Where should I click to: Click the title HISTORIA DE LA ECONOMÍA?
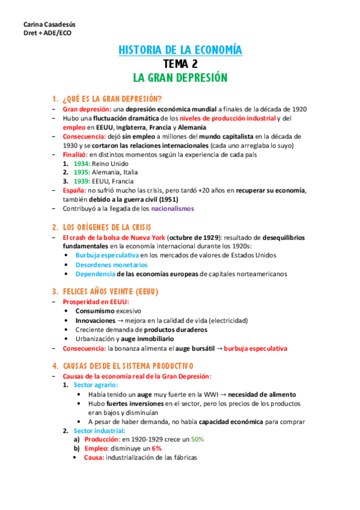(x=180, y=51)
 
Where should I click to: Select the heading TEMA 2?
(x=180, y=64)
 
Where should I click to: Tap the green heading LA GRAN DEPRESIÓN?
(x=180, y=78)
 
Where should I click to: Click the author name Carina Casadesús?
(x=45, y=23)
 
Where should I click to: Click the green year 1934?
(x=82, y=164)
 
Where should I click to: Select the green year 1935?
(x=82, y=173)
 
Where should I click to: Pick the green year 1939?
(x=82, y=181)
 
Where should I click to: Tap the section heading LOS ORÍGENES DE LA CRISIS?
(x=111, y=227)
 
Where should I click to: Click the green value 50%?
(x=198, y=440)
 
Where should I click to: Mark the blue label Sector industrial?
(x=99, y=431)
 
